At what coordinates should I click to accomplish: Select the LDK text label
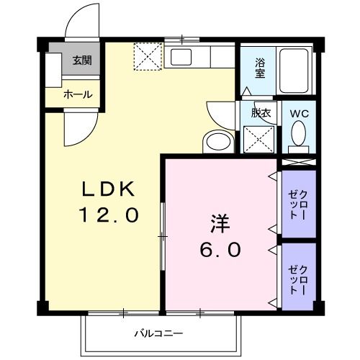108,190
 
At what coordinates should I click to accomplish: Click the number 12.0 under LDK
108,215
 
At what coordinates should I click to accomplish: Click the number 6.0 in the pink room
220,250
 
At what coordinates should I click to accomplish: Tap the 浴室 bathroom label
260,67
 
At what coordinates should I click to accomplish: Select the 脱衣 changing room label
260,113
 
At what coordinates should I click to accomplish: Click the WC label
300,114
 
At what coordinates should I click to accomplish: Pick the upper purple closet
298,203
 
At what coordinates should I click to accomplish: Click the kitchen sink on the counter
181,58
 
